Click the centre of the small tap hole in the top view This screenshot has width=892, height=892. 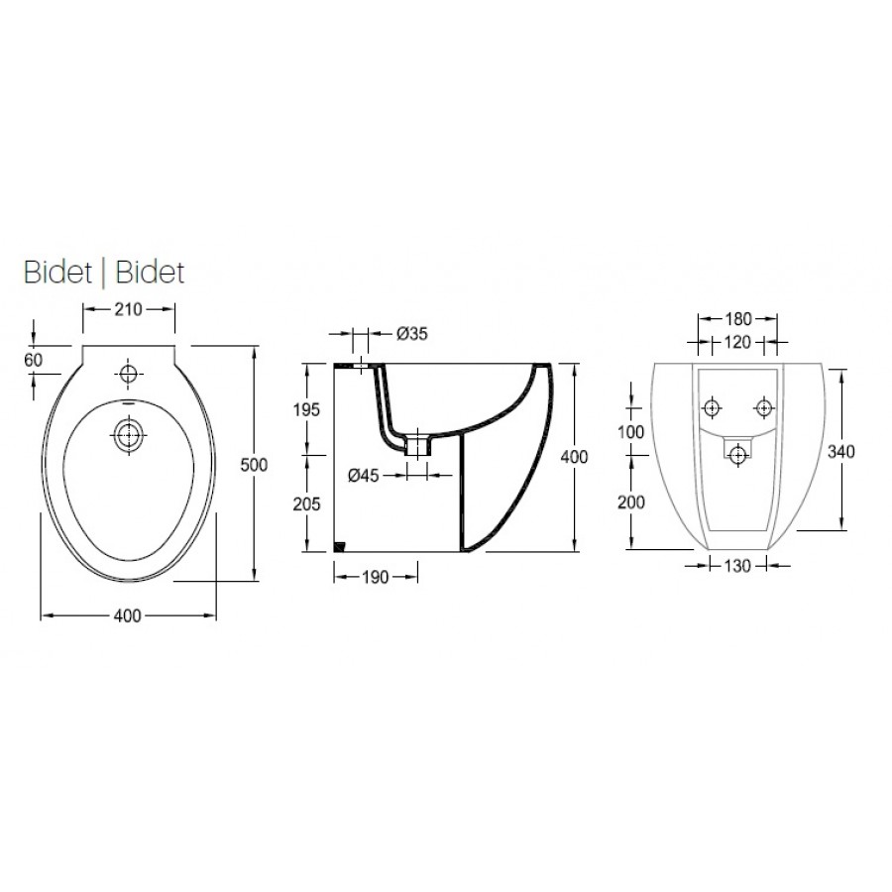point(129,374)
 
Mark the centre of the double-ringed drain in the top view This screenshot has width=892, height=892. point(129,435)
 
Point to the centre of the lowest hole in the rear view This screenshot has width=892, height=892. point(738,454)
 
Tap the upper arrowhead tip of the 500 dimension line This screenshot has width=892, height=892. point(254,346)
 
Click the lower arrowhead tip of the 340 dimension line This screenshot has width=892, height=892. point(841,529)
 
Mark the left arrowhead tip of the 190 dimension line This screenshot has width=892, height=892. point(334,577)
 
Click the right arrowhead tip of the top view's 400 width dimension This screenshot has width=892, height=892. point(216,615)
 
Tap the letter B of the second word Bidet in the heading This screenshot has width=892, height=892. point(124,273)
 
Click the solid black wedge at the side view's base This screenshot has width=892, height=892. point(340,547)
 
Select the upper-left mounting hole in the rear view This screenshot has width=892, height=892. point(712,407)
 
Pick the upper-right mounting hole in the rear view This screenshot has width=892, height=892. point(763,407)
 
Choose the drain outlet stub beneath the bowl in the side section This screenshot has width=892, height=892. point(417,445)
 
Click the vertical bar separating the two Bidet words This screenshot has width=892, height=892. point(103,274)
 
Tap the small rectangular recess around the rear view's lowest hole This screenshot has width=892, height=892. point(737,448)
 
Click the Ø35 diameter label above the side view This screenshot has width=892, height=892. point(412,333)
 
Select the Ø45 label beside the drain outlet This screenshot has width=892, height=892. point(364,475)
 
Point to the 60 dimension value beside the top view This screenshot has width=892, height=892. point(34,360)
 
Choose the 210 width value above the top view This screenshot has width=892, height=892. point(129,309)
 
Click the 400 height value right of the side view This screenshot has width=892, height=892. point(575,456)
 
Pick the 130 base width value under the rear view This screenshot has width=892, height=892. point(737,566)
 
